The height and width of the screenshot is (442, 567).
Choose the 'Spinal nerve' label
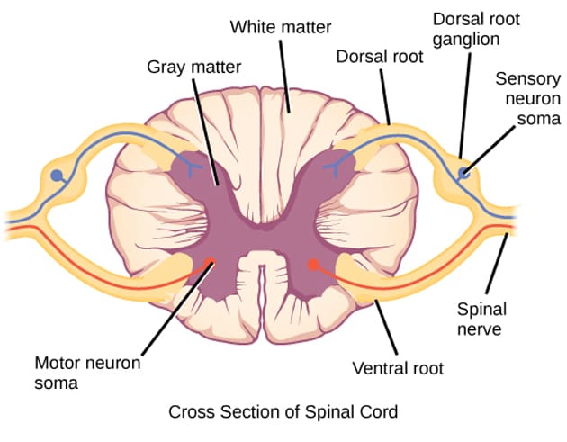coord(483,320)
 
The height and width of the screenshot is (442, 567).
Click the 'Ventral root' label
coord(398,368)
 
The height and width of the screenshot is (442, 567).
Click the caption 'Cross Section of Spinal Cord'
coord(283,413)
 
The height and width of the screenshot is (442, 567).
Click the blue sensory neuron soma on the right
coord(464,172)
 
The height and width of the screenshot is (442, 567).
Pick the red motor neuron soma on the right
coord(312,265)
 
